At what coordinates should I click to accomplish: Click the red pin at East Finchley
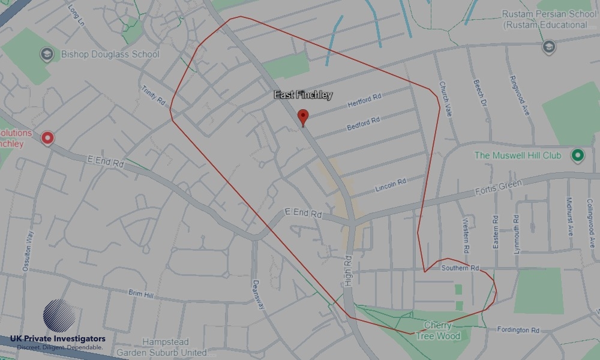click(x=303, y=116)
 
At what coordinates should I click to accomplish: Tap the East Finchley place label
click(x=303, y=95)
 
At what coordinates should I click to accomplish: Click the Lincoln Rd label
click(x=391, y=185)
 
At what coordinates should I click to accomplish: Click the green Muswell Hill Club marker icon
click(x=578, y=155)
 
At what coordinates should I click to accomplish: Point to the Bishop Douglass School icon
click(x=47, y=55)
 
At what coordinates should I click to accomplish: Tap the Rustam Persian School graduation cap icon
click(x=548, y=46)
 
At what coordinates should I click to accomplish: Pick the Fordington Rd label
click(x=518, y=330)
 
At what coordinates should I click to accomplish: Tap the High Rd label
click(x=349, y=269)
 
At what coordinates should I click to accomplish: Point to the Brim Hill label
click(x=141, y=294)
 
